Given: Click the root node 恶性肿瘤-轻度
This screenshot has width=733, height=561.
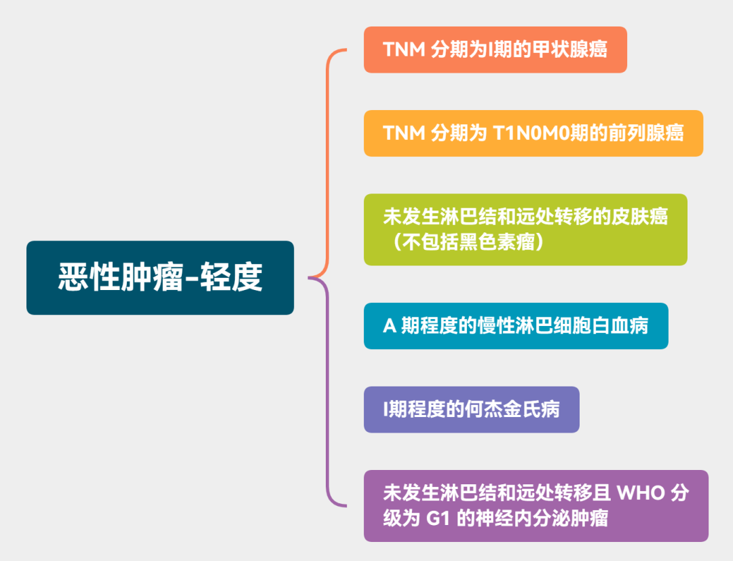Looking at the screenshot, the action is (160, 278).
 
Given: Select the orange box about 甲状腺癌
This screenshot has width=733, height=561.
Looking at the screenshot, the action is (495, 50).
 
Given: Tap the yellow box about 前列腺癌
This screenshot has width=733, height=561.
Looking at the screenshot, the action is (533, 133).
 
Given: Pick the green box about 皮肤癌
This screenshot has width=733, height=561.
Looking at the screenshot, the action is (525, 230).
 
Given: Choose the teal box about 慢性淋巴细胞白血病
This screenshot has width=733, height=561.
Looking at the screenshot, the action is (516, 326).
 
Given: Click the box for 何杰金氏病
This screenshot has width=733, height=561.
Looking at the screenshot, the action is (471, 410).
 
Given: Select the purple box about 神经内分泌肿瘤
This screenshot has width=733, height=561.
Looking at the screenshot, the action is (535, 506).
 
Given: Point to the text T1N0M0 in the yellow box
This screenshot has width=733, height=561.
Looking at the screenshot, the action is (529, 133).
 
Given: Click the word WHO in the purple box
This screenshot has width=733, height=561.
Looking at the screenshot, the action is (640, 493).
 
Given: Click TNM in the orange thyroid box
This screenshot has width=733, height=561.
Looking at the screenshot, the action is (404, 50).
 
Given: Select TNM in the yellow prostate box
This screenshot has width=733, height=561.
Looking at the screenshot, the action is (404, 133).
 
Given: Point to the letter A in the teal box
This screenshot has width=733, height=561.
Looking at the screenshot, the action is (389, 327).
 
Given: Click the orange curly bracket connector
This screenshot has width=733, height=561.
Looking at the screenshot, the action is (328, 163).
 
